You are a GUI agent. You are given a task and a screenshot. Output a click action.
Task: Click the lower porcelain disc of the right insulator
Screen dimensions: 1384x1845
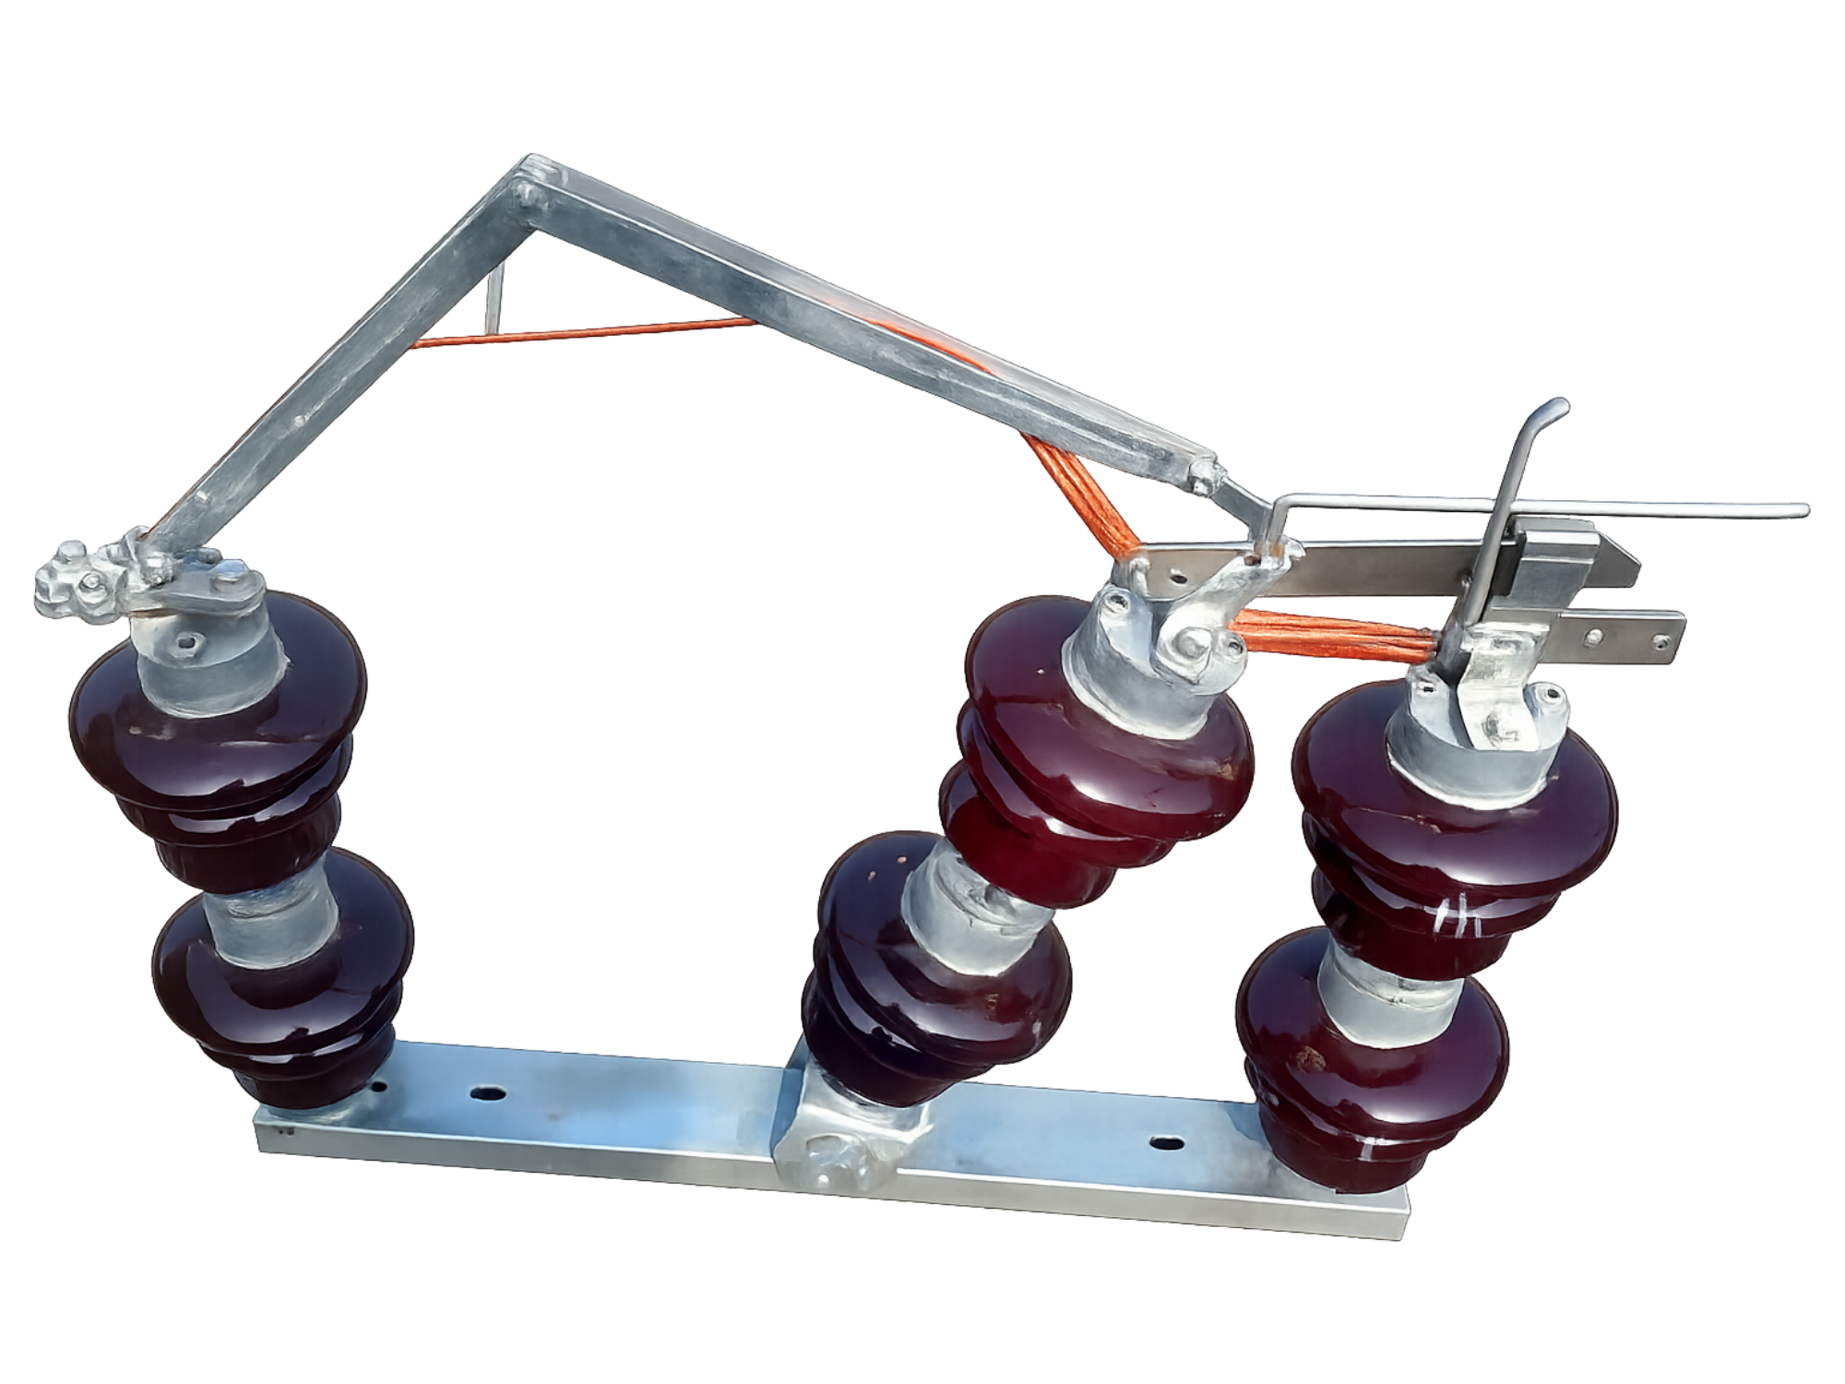point(1375,1070)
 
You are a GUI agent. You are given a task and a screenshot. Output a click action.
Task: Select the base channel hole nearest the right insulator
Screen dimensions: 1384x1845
point(1165,1143)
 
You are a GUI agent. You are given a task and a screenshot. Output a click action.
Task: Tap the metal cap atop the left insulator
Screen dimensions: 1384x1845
point(208,637)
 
